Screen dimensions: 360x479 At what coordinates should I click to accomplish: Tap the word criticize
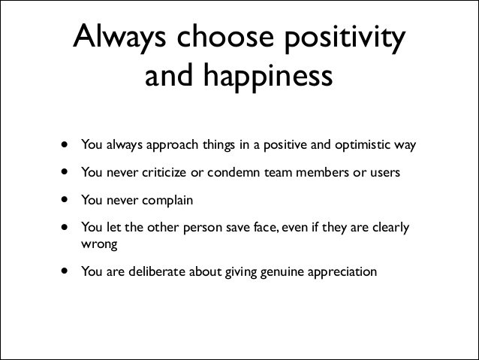point(160,172)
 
